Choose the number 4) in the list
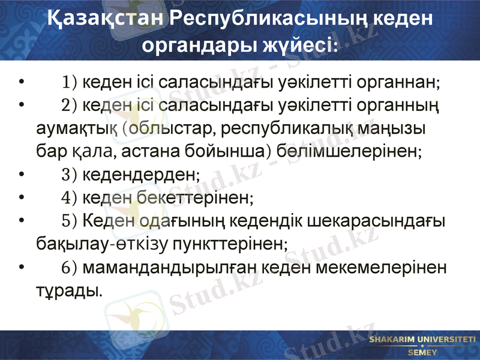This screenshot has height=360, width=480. [70, 196]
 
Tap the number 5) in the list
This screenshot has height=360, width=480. [70, 221]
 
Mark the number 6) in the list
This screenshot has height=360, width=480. [70, 268]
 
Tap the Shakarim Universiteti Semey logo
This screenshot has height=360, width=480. [422, 345]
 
